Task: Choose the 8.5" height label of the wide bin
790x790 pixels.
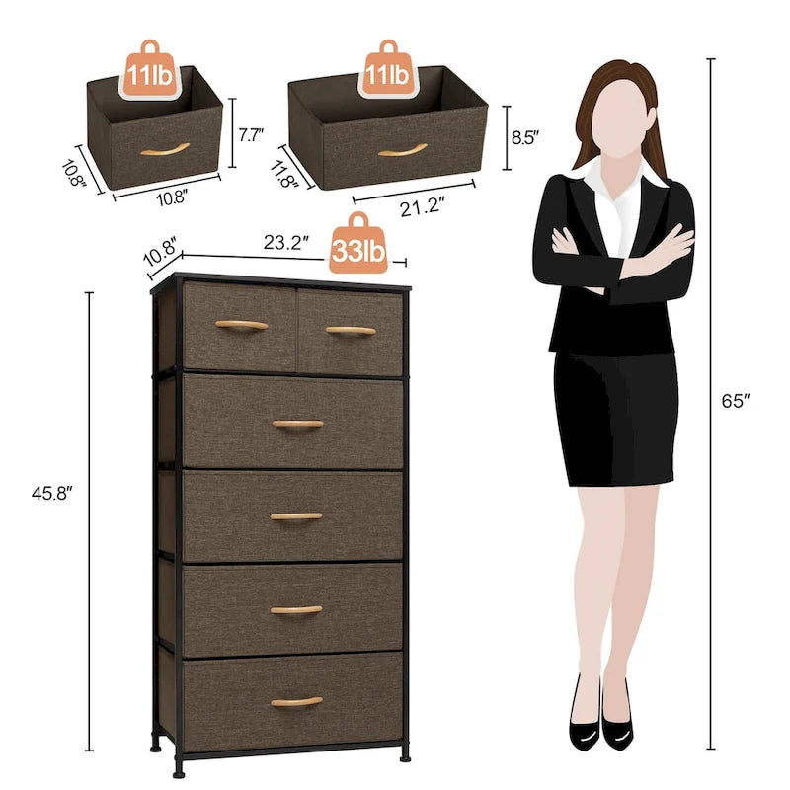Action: [x=526, y=139]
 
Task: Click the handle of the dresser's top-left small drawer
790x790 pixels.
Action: [x=242, y=325]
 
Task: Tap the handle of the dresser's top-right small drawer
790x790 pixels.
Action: [x=351, y=330]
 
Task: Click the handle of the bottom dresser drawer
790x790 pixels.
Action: [x=296, y=702]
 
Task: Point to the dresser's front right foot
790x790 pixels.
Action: [x=405, y=752]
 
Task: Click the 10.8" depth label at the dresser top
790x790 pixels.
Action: [x=159, y=250]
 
